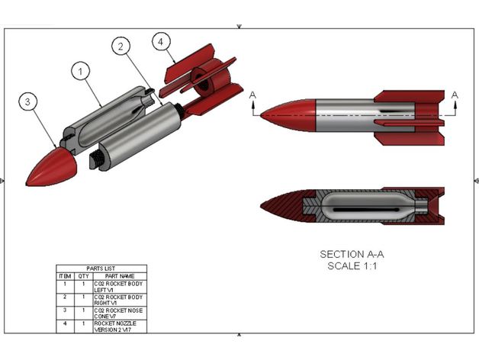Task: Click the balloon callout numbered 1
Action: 82,72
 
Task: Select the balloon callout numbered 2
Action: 121,47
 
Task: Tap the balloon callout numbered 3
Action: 28,102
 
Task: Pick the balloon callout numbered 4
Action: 160,41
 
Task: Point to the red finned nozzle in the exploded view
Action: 202,79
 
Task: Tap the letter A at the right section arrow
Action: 455,95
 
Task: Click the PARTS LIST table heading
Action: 101,268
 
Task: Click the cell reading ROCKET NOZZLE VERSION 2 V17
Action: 120,326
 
